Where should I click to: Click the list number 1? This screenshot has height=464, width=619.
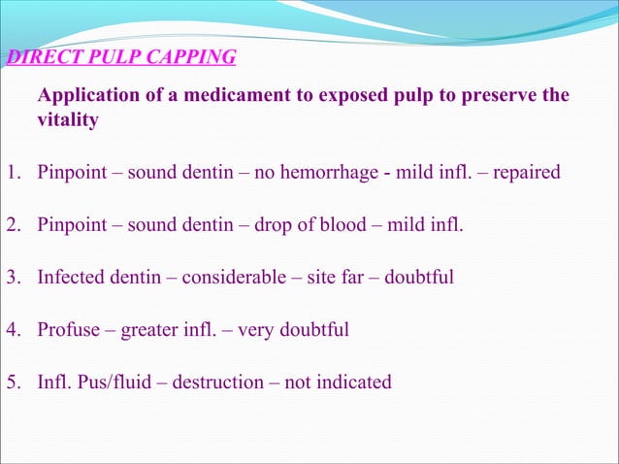pyautogui.click(x=11, y=174)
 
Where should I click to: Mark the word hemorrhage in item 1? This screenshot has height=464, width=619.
pyautogui.click(x=336, y=174)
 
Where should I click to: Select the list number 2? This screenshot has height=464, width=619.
pyautogui.click(x=11, y=226)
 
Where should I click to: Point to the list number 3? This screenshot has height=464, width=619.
pyautogui.click(x=11, y=278)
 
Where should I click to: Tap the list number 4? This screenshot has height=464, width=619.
pyautogui.click(x=11, y=330)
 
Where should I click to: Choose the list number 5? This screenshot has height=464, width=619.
pyautogui.click(x=11, y=381)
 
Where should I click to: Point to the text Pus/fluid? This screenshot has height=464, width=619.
pyautogui.click(x=120, y=381)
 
